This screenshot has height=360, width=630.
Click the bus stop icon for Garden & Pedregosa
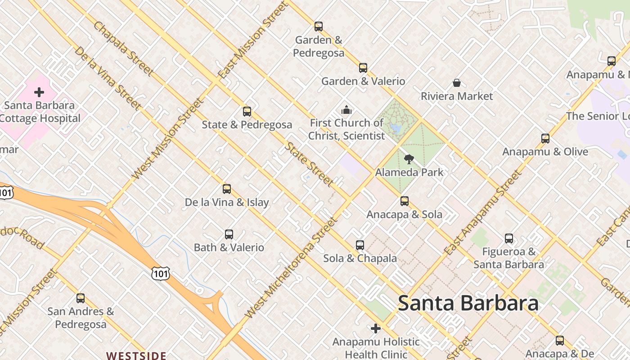coord(319,27)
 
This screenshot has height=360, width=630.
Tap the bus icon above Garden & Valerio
coord(363,68)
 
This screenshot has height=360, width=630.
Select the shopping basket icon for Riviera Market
coord(457,83)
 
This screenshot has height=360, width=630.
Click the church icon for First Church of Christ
coord(346,110)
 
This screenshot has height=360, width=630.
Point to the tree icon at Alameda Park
coord(409,159)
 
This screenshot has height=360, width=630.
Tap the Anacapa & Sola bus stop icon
coord(405,201)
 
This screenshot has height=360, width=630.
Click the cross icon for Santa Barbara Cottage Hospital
coord(39,92)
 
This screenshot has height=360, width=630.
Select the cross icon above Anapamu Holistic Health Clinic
coord(376,328)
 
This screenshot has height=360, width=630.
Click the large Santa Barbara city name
coord(468,303)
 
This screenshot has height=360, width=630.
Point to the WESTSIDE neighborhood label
coord(136,355)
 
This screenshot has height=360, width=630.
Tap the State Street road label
coord(310,164)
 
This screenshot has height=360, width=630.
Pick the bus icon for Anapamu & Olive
coord(545,139)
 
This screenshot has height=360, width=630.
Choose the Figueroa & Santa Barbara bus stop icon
coord(509,238)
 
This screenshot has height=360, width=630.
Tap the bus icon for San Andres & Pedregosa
coord(81,298)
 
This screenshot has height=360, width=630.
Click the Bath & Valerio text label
coord(229,247)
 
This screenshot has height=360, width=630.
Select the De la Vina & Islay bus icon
coord(227,189)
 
